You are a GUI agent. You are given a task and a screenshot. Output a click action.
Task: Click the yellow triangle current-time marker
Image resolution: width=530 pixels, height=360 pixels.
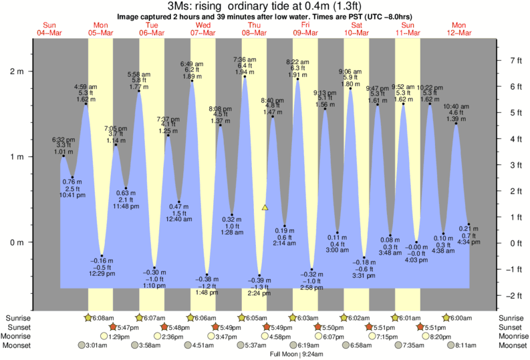pos(265,208)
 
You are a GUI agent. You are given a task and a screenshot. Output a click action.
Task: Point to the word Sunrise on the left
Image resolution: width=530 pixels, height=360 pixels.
pos(19,318)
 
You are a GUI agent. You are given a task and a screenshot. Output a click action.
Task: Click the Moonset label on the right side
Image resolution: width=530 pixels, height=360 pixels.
pos(511,345)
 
